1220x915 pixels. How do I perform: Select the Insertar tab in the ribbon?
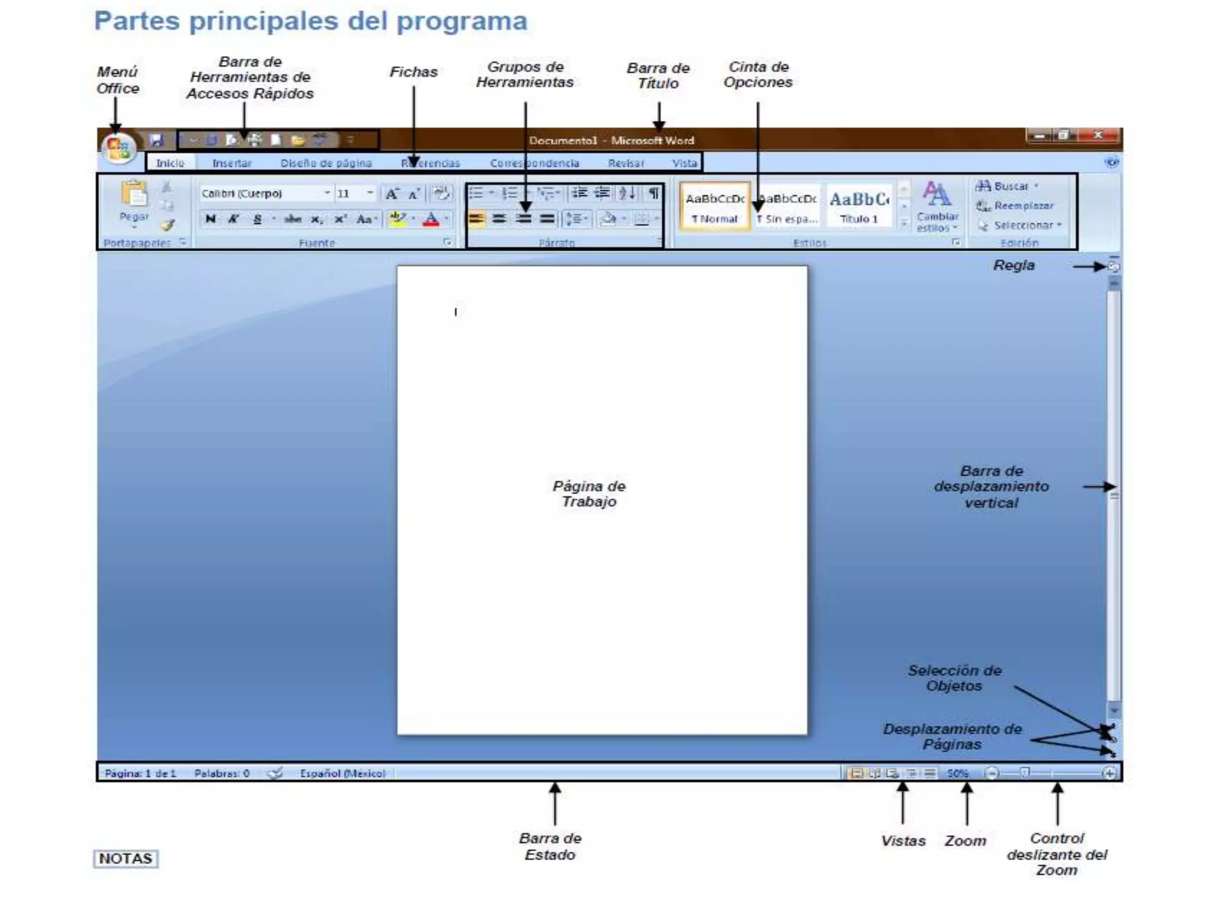click(232, 163)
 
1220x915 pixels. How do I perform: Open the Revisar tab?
click(625, 163)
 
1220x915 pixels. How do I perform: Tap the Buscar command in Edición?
click(1010, 186)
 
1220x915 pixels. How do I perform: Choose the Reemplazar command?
click(1023, 206)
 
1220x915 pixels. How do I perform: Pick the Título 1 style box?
click(858, 206)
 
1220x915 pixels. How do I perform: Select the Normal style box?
click(714, 206)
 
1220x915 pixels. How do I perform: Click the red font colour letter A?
click(431, 219)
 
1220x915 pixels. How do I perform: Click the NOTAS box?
click(126, 858)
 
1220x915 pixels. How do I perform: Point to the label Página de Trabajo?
click(589, 494)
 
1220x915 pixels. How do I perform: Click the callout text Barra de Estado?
click(550, 846)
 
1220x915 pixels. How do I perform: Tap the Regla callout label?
click(1014, 266)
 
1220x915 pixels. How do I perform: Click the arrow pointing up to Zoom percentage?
click(967, 804)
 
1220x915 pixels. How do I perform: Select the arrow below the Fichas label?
click(413, 125)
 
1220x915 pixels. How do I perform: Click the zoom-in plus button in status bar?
click(1109, 773)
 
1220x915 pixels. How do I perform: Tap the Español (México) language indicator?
click(343, 773)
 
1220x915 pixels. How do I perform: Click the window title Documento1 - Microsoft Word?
click(611, 141)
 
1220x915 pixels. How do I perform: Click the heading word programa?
click(462, 21)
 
